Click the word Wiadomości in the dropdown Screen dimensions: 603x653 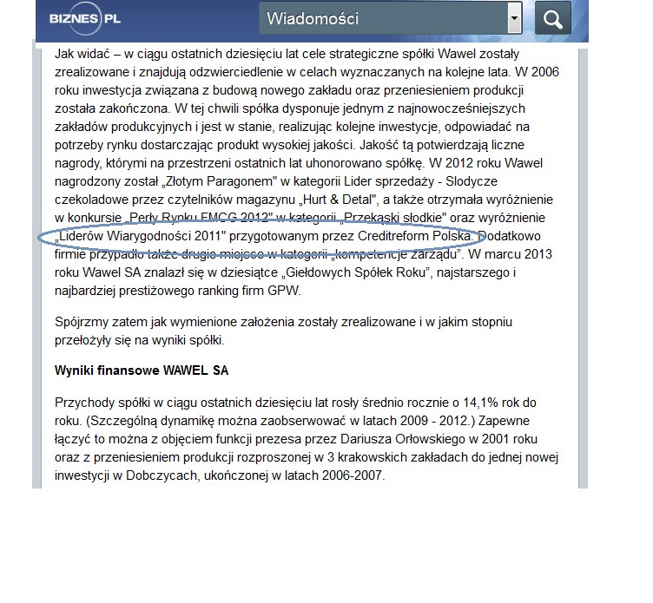tap(312, 18)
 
